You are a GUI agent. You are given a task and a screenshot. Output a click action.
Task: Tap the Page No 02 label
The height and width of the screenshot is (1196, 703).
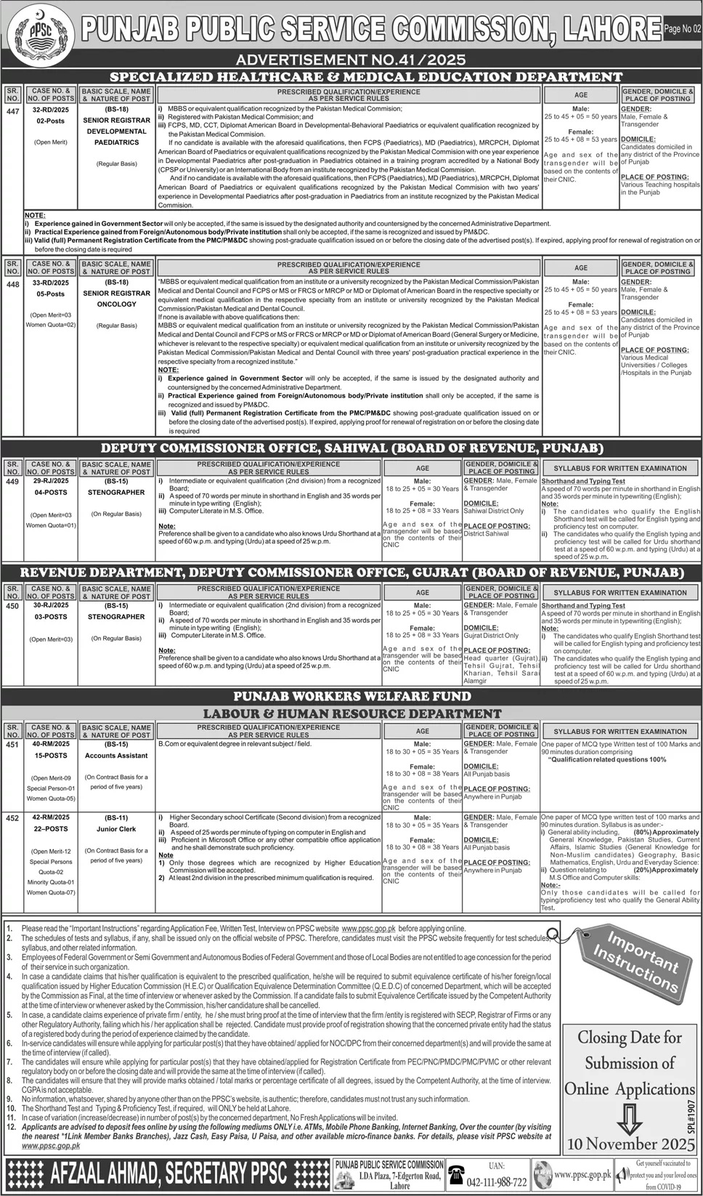pos(681,29)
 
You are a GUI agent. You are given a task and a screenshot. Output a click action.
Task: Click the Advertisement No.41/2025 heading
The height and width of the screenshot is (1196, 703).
pos(351,60)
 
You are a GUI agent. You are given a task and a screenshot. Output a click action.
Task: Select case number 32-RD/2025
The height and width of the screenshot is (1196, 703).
pos(50,109)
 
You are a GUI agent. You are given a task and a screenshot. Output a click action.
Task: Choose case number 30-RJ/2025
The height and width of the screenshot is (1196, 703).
pos(50,605)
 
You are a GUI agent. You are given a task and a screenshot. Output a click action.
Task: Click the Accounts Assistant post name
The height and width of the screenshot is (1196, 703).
pos(116,756)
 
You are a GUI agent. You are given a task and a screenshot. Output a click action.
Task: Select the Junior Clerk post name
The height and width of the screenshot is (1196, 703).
pos(116,828)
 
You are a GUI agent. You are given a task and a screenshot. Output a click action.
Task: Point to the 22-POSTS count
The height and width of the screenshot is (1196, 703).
pos(50,829)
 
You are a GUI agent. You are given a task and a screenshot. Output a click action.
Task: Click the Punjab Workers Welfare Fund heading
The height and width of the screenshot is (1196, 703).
pos(351,696)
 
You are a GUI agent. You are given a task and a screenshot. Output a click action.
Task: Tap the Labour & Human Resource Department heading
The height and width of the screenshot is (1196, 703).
pos(351,714)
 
